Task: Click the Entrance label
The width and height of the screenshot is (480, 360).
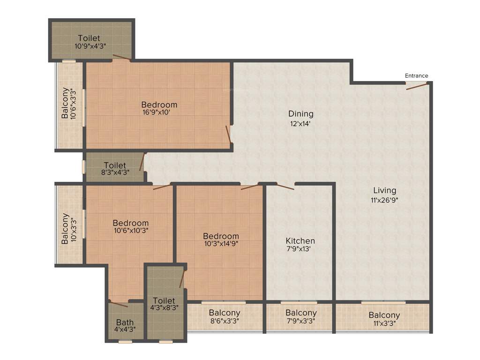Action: [x=416, y=76]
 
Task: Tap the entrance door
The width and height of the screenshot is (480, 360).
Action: [x=416, y=85]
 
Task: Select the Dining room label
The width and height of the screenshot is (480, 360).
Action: [x=300, y=114]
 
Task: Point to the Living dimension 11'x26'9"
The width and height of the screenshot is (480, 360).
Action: [x=384, y=199]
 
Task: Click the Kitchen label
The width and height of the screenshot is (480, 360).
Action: [x=300, y=241]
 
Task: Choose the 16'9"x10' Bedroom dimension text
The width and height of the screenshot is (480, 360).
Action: [x=159, y=112]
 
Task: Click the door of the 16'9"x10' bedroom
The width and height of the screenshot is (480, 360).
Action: [x=228, y=134]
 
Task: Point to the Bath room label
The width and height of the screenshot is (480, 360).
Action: [x=125, y=322]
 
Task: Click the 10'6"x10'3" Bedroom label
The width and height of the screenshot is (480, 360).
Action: [x=131, y=223]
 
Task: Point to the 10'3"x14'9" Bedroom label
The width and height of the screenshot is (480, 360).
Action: [x=221, y=236]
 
